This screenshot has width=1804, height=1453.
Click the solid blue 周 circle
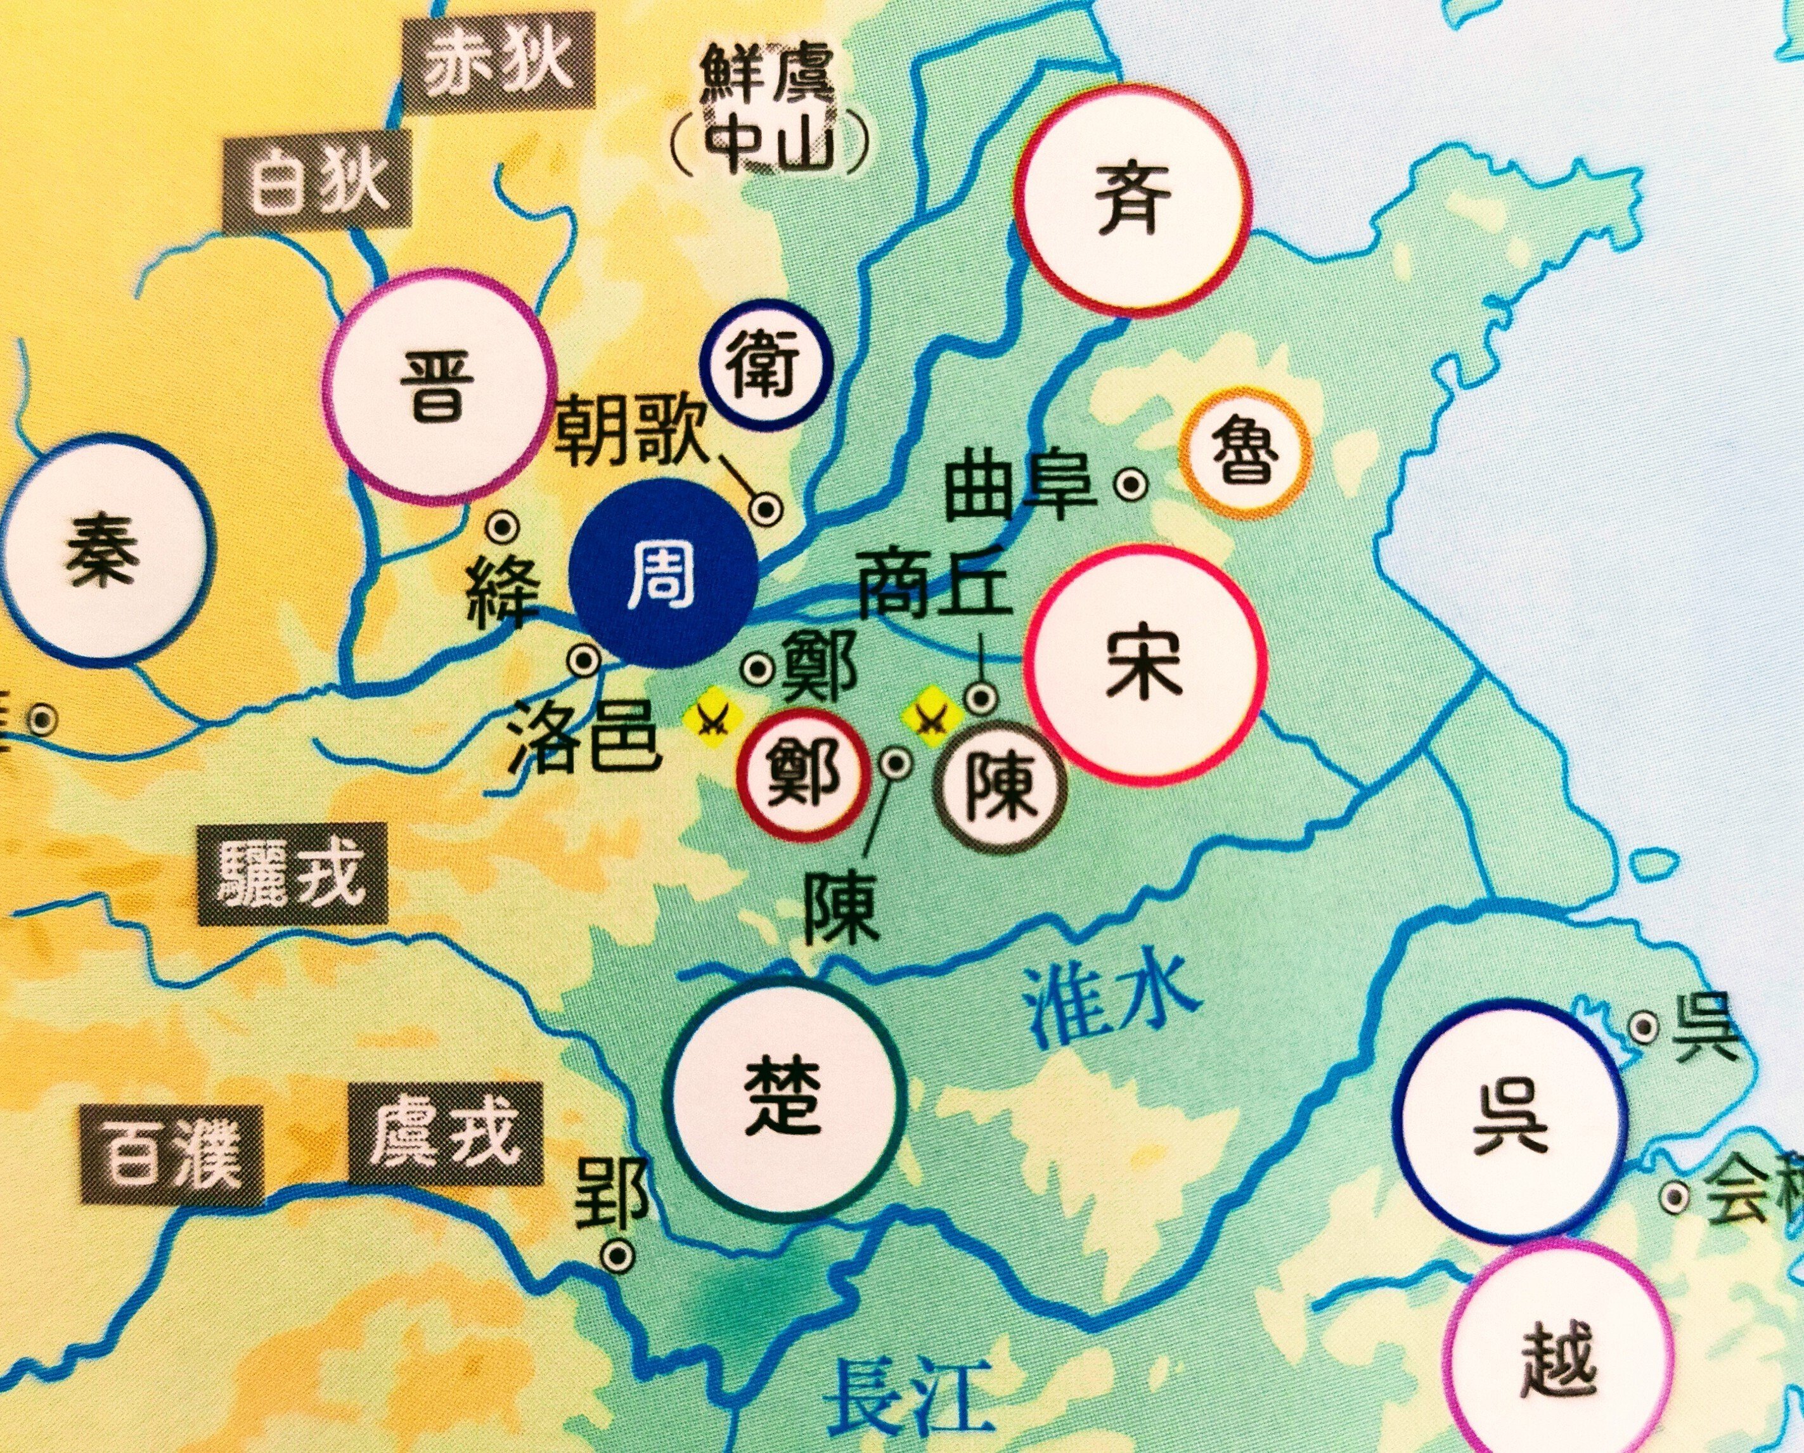point(662,573)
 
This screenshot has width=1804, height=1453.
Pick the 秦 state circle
point(105,549)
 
